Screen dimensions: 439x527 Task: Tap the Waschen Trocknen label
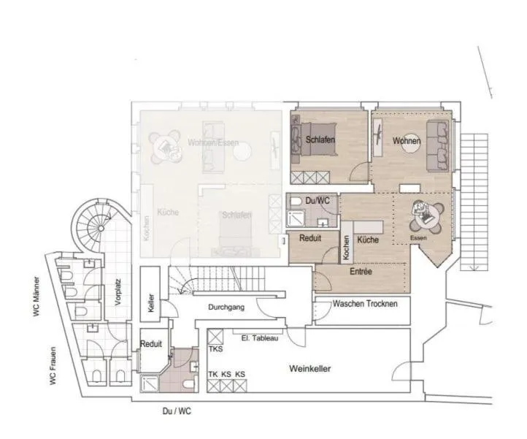click(x=365, y=303)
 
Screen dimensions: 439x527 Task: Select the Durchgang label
click(x=226, y=308)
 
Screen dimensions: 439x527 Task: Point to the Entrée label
click(x=361, y=272)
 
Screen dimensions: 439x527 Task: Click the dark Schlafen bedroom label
click(x=320, y=140)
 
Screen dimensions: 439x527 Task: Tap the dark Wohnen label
click(x=407, y=140)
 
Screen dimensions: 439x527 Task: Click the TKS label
click(x=215, y=349)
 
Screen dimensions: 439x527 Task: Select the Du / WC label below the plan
click(x=177, y=411)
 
